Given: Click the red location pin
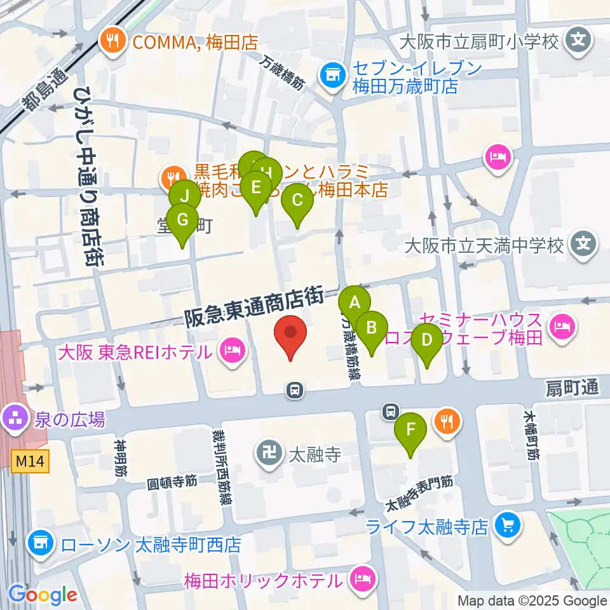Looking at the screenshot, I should pos(290,334).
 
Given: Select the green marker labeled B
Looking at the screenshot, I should pos(372,329).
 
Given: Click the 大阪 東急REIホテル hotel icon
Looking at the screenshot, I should pos(233,351).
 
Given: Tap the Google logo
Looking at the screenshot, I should pos(43,595).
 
